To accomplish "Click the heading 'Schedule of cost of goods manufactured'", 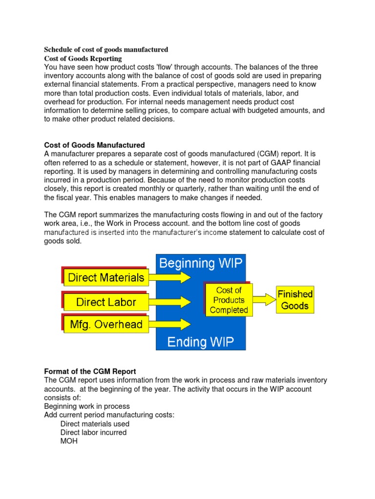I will pos(106,50).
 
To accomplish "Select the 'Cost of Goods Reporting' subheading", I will pos(83,58).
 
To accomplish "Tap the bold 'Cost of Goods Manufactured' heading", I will pos(94,145).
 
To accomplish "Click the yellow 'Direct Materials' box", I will pos(106,278).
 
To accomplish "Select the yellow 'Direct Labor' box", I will pos(106,302).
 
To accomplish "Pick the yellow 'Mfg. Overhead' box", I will pos(106,325).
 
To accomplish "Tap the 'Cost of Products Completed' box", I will pos(229,300).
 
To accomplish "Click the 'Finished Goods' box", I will pos(295,300).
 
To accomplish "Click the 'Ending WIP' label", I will pos(201,342).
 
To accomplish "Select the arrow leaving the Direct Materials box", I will pos(171,278).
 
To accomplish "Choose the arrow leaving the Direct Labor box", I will pos(171,302).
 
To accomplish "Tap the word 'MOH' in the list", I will pos(69,441).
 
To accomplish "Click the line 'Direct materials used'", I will pos(95,424).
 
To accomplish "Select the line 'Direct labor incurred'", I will pos(93,433).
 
